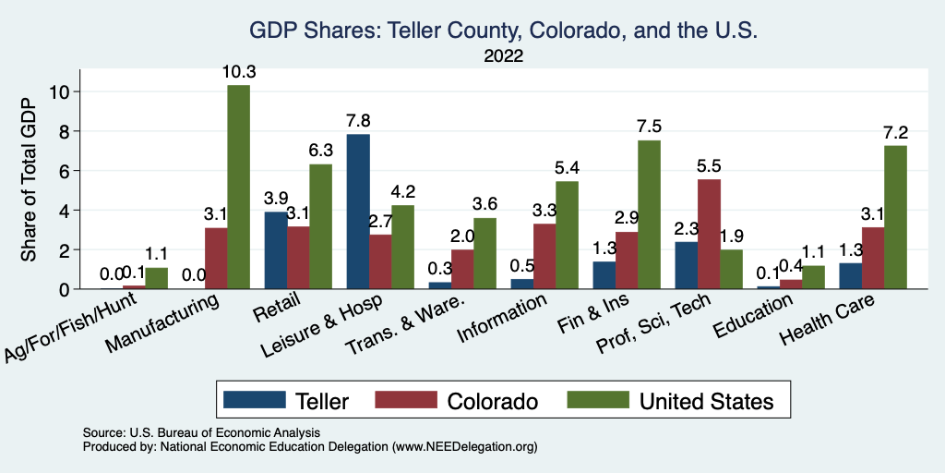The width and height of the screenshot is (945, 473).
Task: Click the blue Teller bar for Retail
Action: (x=276, y=250)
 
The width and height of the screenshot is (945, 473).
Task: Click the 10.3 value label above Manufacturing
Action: (x=238, y=71)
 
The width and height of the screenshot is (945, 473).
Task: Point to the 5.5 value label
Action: (x=710, y=165)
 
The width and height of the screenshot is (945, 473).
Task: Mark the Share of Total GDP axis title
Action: (x=30, y=179)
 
